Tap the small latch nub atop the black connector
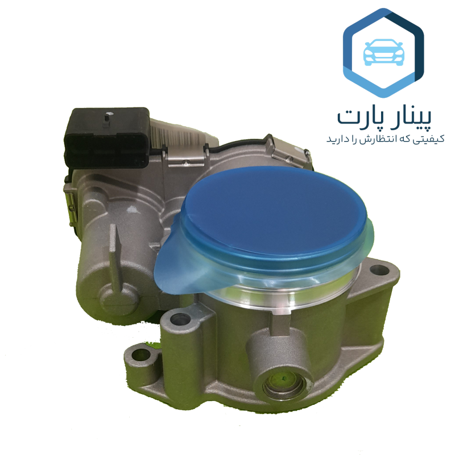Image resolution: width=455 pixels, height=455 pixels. point(106,118)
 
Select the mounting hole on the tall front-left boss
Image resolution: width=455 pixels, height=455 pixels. point(179,319)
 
